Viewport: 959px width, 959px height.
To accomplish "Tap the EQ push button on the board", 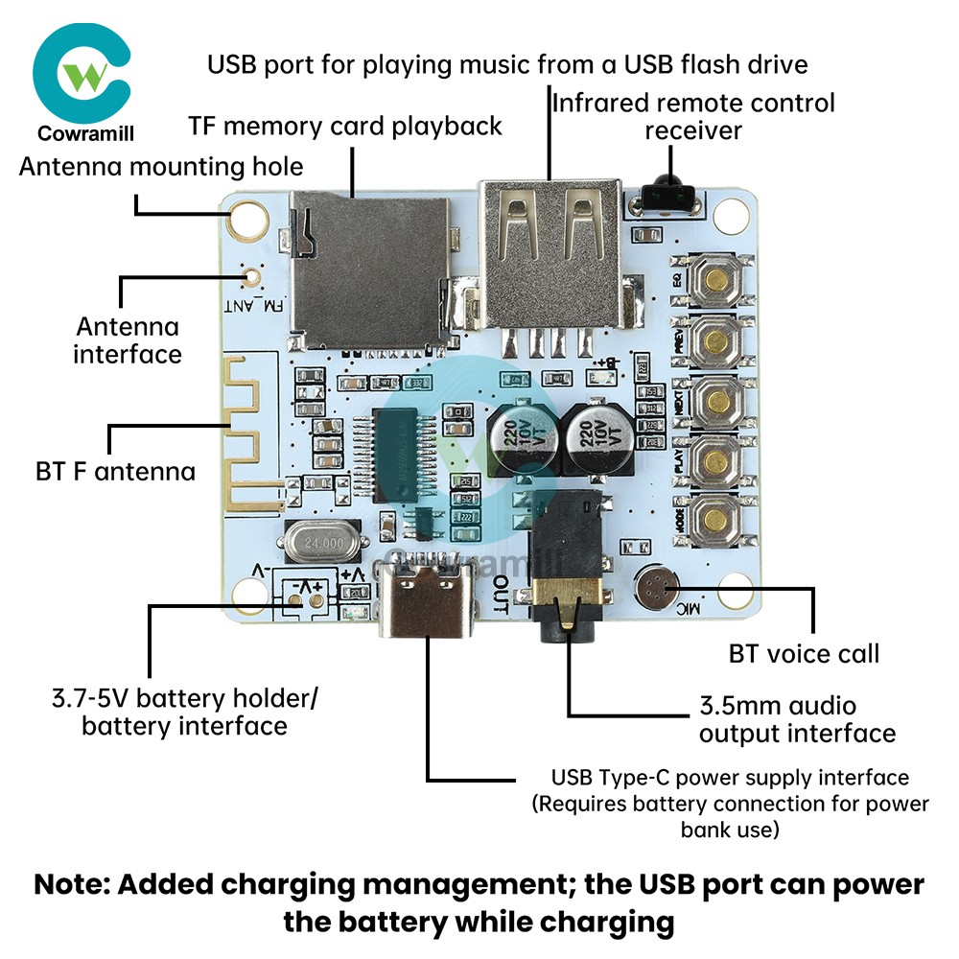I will pos(715,279).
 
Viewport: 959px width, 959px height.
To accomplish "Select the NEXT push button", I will pos(715,401).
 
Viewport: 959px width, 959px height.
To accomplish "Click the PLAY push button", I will pos(715,461).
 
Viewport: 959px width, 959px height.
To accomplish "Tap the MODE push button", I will pos(715,520).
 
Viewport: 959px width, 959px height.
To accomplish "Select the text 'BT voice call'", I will pos(804,654).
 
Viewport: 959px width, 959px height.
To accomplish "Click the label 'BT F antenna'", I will pos(115,471).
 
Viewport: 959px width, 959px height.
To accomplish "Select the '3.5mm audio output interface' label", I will pos(797,720).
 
